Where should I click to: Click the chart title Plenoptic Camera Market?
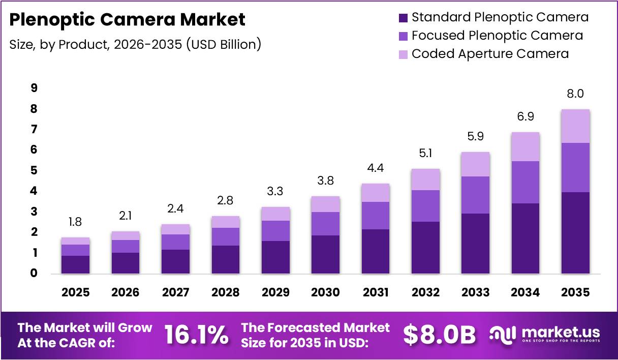(128, 20)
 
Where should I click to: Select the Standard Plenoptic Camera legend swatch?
(403, 18)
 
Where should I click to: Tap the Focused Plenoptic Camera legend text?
(497, 36)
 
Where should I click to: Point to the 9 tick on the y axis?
(34, 88)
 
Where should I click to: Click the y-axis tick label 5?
(34, 170)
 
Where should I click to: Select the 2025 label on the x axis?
(75, 292)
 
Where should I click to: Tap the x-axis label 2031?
(376, 292)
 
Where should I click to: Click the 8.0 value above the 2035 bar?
(575, 94)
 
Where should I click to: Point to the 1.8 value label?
(75, 222)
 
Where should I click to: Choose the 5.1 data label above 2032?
(425, 153)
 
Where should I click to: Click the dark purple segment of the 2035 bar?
(575, 232)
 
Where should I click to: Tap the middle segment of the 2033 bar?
(476, 195)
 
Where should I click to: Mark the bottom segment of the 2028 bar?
(226, 259)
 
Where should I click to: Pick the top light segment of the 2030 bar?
(326, 204)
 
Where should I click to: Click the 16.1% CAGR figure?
(196, 335)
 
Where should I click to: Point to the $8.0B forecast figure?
(440, 335)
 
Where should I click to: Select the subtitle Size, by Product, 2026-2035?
(135, 44)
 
